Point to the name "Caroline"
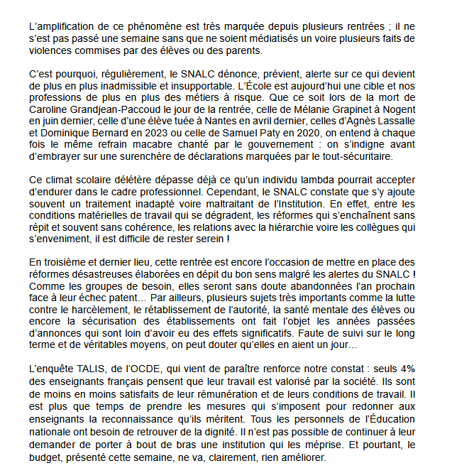(50, 110)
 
